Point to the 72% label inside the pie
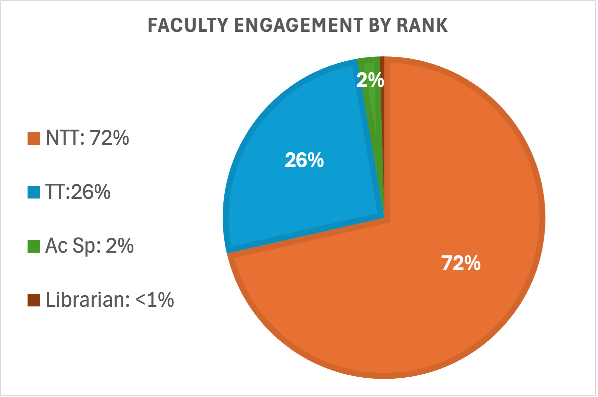[461, 263]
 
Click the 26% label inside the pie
[304, 160]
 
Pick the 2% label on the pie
[370, 80]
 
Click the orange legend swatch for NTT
[34, 138]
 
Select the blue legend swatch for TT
[34, 192]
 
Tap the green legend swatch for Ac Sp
[34, 246]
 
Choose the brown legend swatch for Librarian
[34, 300]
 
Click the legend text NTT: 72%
[87, 138]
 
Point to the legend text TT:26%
[78, 192]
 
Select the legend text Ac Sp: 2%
[90, 246]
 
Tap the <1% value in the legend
[155, 300]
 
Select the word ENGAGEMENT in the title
[298, 25]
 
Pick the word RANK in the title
[422, 25]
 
